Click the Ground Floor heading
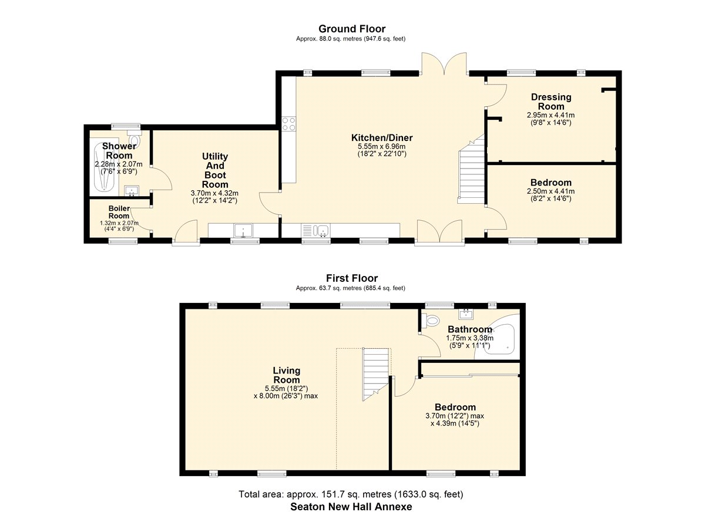352,29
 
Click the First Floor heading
352,278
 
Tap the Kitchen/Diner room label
382,137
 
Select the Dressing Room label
551,102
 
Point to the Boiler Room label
119,212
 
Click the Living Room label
287,375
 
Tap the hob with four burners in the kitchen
288,123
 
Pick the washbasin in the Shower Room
132,191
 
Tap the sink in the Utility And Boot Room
243,231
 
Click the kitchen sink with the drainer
315,231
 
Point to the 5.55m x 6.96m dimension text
382,146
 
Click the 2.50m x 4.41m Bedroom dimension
551,191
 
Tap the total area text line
351,494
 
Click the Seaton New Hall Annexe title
351,507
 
